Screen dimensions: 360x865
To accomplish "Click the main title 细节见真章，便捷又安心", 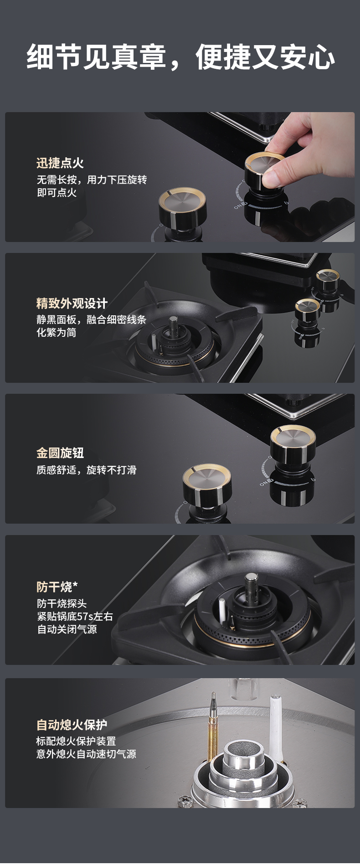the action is (180, 57).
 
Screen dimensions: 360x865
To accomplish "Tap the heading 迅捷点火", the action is (60, 163).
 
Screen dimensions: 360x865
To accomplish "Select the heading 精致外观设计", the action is (72, 303).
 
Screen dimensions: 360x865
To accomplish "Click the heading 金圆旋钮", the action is (60, 453).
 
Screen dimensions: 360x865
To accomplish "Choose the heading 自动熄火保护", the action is (72, 724).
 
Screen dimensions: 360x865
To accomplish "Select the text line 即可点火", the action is (57, 192).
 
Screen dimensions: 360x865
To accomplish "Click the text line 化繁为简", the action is (57, 332).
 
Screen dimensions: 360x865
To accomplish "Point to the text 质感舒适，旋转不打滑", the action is (87, 469).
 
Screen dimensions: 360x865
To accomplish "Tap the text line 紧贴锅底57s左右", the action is (75, 616).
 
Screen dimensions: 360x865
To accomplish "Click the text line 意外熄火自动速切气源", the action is (87, 754).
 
